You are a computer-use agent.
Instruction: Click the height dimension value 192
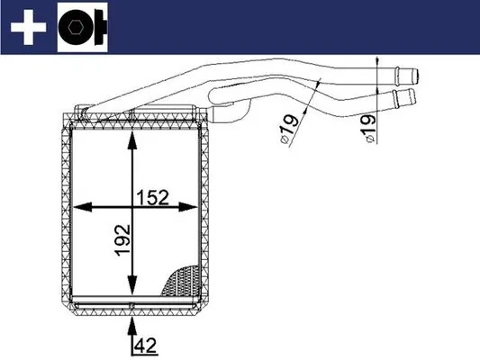click(122, 242)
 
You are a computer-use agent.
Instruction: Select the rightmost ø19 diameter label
click(370, 130)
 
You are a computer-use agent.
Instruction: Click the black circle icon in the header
click(80, 30)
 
